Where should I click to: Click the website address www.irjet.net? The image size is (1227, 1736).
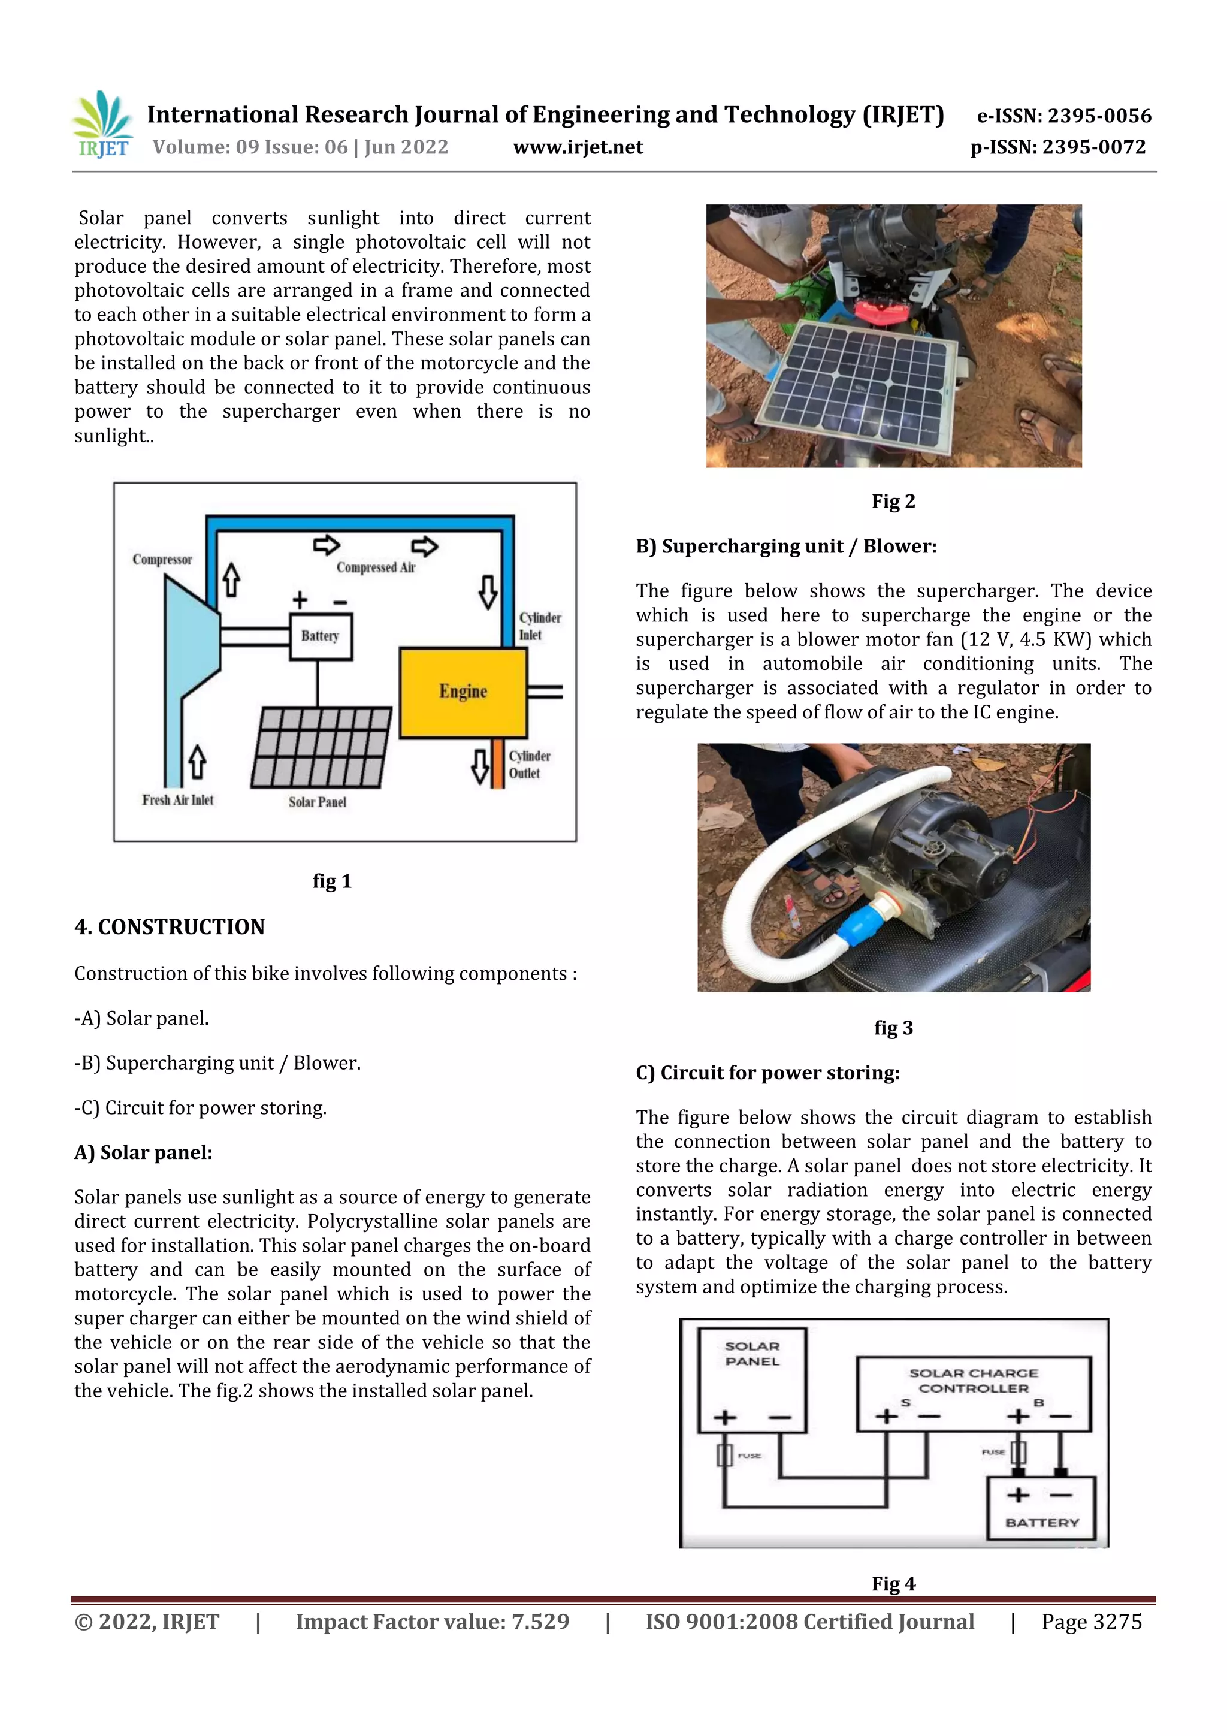click(x=578, y=147)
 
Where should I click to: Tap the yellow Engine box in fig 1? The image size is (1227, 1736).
click(x=463, y=692)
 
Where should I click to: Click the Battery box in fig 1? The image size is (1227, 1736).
click(x=321, y=636)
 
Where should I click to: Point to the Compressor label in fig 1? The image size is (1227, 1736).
click(x=162, y=560)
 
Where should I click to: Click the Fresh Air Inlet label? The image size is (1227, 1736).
click(x=178, y=800)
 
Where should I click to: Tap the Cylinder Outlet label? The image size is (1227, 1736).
click(x=529, y=765)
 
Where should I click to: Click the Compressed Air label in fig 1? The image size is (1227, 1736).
click(x=376, y=567)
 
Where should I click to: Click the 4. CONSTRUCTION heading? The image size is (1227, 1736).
click(x=170, y=927)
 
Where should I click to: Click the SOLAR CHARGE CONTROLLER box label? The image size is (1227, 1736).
click(x=973, y=1380)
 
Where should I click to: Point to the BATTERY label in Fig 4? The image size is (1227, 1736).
click(x=1042, y=1522)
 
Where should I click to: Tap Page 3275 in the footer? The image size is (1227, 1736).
click(x=1091, y=1622)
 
